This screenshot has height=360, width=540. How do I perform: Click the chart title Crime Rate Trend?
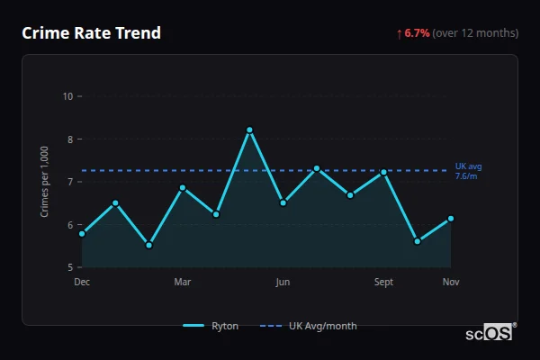[92, 33]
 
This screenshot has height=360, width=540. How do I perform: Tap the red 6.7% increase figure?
[416, 33]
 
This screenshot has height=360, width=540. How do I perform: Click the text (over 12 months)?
[475, 33]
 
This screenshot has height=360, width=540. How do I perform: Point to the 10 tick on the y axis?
[67, 96]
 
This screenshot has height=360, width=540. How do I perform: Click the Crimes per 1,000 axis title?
[45, 182]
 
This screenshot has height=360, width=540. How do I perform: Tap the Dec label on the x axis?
[82, 283]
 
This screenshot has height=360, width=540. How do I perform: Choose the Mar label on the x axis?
[183, 283]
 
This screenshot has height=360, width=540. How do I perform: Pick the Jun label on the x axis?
[283, 283]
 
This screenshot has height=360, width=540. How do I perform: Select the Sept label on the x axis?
[383, 283]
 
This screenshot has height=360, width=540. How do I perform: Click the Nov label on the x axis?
[451, 283]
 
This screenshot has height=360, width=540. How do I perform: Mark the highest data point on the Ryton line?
[249, 130]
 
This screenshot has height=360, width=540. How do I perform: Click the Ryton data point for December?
[82, 234]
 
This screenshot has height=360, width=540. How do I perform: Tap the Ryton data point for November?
[451, 218]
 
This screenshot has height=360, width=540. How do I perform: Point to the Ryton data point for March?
[183, 188]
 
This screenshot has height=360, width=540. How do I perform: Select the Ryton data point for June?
[283, 202]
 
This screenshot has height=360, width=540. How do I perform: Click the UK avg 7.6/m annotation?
[469, 171]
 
